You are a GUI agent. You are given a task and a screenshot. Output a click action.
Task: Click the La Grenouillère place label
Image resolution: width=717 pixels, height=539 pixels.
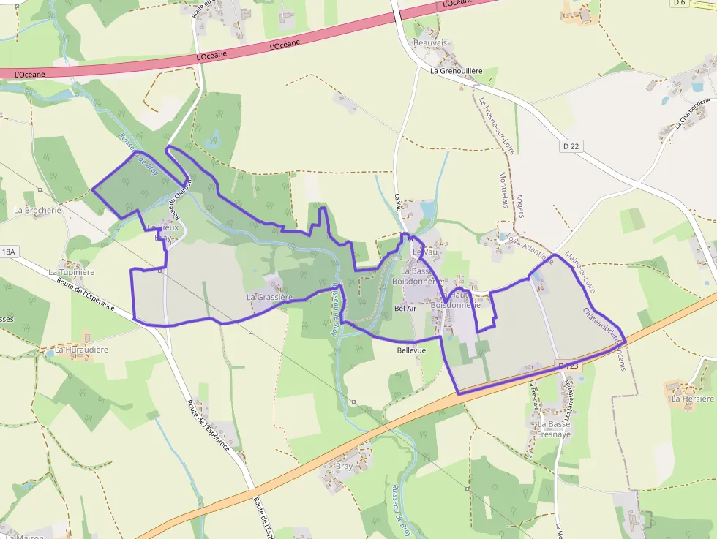tap(457, 71)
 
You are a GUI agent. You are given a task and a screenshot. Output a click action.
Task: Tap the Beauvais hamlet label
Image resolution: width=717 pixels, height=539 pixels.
tap(430, 43)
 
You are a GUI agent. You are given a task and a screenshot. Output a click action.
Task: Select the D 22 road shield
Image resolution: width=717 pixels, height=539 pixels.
tap(571, 146)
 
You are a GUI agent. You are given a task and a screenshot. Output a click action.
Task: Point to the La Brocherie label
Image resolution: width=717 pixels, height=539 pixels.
tap(38, 210)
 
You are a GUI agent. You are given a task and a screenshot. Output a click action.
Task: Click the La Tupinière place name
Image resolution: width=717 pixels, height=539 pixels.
tap(72, 272)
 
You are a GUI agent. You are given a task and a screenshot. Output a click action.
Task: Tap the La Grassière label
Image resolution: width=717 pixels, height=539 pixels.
tap(269, 297)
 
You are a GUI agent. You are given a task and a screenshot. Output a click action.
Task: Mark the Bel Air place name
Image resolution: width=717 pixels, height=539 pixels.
tap(405, 309)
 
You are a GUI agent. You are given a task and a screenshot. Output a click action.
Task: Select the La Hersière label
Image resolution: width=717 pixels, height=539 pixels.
tap(693, 399)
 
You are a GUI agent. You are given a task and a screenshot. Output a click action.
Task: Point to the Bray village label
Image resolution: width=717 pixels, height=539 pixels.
tap(344, 466)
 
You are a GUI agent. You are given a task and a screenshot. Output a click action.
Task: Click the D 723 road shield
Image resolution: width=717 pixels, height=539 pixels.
tap(568, 365)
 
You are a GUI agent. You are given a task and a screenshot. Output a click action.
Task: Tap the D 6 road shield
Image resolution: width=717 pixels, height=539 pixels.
tap(679, 3)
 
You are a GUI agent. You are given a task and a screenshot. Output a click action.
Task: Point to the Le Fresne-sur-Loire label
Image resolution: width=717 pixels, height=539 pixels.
tap(495, 125)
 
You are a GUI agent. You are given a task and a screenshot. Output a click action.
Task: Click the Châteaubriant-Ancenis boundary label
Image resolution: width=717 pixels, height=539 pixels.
tap(604, 338)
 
